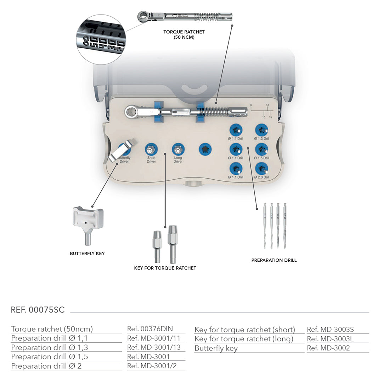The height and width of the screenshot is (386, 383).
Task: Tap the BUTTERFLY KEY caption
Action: click(x=87, y=254)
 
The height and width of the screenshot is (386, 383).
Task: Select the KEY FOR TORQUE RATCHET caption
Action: click(x=165, y=268)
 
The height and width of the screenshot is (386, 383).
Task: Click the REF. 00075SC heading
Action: click(x=38, y=310)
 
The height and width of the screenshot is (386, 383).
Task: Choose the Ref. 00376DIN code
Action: click(x=150, y=329)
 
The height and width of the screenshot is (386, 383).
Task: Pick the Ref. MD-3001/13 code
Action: click(x=154, y=347)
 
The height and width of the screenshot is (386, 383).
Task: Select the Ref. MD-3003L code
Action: click(x=330, y=339)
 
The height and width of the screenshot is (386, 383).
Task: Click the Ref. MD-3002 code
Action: click(x=328, y=348)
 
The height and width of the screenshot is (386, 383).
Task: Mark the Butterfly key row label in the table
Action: click(x=216, y=348)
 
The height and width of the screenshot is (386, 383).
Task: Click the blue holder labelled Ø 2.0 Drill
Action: click(x=261, y=168)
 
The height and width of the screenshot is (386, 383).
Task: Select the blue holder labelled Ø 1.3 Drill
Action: click(x=261, y=130)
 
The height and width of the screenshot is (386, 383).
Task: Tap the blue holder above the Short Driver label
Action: click(x=151, y=149)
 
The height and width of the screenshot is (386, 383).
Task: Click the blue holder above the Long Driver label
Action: click(x=178, y=149)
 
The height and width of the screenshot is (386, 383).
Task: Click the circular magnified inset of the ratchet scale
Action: click(x=101, y=39)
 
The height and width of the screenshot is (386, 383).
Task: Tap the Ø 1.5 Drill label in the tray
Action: click(x=261, y=158)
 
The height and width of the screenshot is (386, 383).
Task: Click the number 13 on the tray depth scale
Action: click(x=267, y=105)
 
